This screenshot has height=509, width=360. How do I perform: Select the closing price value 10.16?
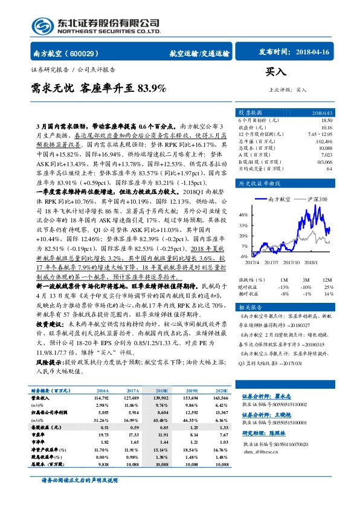(x=327, y=128)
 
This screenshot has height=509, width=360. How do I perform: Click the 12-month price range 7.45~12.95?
(x=320, y=134)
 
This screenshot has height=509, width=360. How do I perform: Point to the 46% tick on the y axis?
(x=243, y=215)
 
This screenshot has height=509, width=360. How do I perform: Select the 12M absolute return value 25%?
(x=329, y=287)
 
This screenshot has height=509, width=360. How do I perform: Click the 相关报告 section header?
(x=249, y=308)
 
